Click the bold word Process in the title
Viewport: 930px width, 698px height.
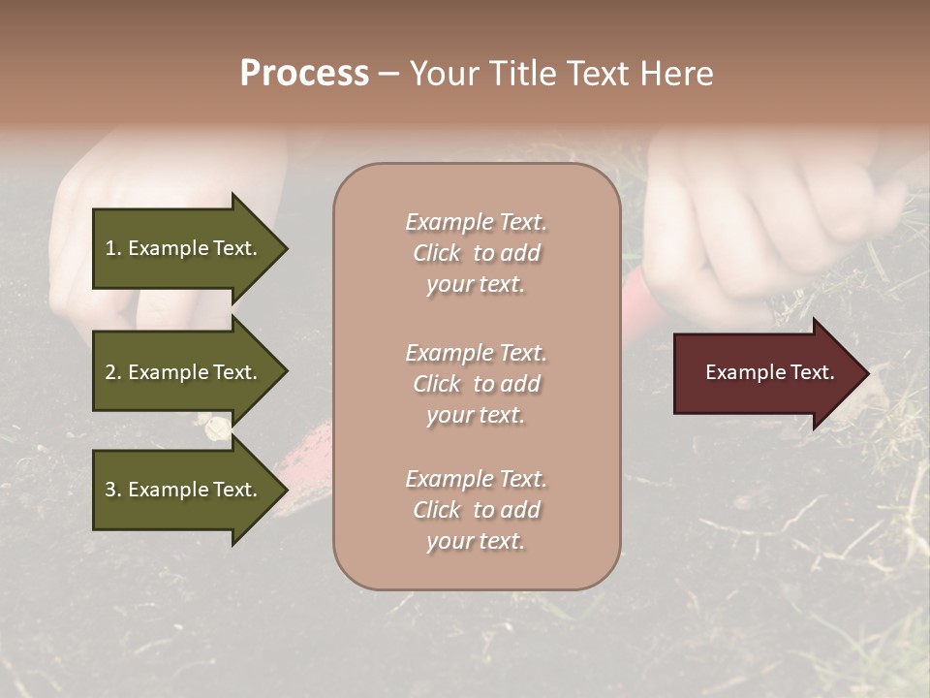pyautogui.click(x=304, y=74)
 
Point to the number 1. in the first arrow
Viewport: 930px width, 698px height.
pyautogui.click(x=113, y=248)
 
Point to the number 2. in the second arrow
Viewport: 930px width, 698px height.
pyautogui.click(x=113, y=372)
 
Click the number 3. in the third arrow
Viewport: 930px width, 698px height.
pyautogui.click(x=113, y=490)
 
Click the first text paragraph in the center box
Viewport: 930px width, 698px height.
pyautogui.click(x=476, y=253)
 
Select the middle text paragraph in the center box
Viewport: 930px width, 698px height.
pyautogui.click(x=476, y=384)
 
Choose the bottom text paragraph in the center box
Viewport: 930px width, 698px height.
pyautogui.click(x=476, y=510)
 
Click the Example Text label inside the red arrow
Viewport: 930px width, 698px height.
pyautogui.click(x=770, y=372)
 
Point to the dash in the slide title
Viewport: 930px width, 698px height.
pyautogui.click(x=388, y=75)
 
